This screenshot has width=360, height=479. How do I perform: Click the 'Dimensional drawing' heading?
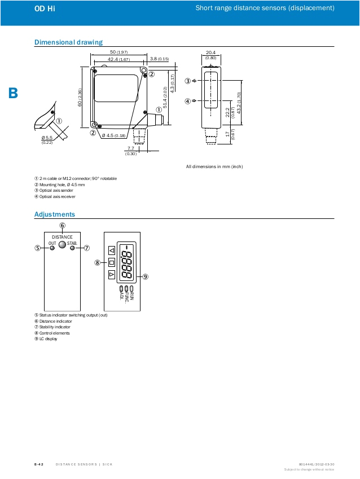(x=68, y=42)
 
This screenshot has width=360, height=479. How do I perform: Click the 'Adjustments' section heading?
(x=54, y=214)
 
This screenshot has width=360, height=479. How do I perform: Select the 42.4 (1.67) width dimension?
(x=118, y=59)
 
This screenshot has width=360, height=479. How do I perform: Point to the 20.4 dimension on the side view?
(x=211, y=52)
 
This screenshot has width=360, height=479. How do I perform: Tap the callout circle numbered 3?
(x=187, y=81)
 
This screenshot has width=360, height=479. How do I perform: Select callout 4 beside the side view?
(x=187, y=102)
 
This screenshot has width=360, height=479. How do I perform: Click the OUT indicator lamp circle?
(x=52, y=248)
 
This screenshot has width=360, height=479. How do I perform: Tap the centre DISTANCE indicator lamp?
(x=62, y=245)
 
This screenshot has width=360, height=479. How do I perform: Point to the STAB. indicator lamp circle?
(x=72, y=248)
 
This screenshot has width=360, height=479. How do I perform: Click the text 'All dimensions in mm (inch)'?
(x=214, y=166)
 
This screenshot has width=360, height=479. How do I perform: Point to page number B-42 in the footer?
(x=39, y=464)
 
